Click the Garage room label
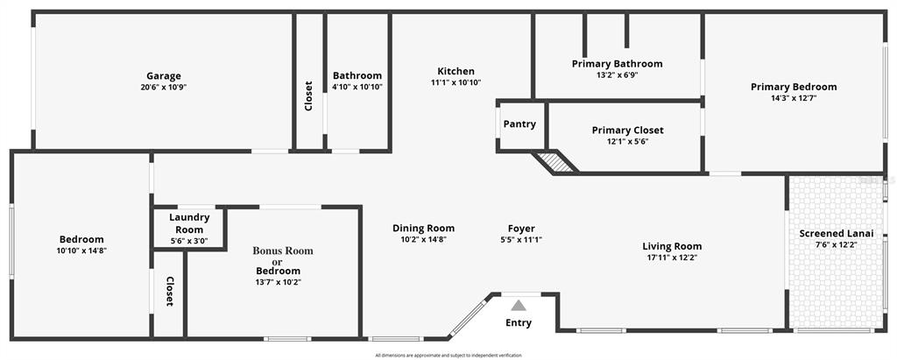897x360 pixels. click(164, 75)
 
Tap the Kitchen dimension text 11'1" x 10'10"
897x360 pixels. click(456, 82)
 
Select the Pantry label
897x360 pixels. click(519, 124)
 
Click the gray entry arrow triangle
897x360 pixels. click(519, 305)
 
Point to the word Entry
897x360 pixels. click(519, 323)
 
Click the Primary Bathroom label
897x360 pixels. click(618, 64)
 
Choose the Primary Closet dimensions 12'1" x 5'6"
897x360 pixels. click(627, 141)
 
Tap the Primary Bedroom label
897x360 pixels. click(794, 87)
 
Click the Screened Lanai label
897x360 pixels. click(836, 233)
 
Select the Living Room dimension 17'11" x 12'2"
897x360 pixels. click(672, 258)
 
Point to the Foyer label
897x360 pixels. click(521, 229)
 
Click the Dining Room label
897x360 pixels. click(423, 229)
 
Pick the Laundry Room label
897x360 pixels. click(189, 223)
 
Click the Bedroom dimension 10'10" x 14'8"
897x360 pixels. click(81, 251)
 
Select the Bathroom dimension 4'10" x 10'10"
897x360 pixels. click(357, 87)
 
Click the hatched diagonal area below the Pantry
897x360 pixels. click(554, 162)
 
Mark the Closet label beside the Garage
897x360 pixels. click(308, 95)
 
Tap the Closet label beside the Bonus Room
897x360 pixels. click(170, 292)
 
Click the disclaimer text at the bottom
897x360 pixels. click(448, 356)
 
